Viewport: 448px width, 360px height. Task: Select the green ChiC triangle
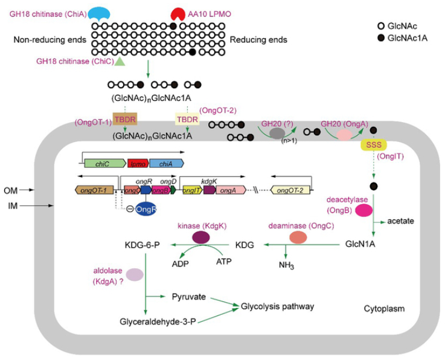coord(120,61)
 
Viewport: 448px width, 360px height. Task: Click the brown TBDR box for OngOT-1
coord(125,119)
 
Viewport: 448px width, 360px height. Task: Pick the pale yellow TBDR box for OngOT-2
coord(187,119)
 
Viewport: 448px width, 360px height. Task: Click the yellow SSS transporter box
coord(374,144)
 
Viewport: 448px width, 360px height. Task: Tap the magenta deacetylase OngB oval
coord(364,210)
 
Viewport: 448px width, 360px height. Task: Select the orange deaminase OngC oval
coord(298,237)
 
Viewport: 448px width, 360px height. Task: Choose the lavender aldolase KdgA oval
coord(134,275)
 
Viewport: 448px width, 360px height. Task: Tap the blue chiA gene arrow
coord(165,163)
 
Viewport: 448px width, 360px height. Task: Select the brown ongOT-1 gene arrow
coord(95,190)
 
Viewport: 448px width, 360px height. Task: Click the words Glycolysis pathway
coord(278,306)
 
